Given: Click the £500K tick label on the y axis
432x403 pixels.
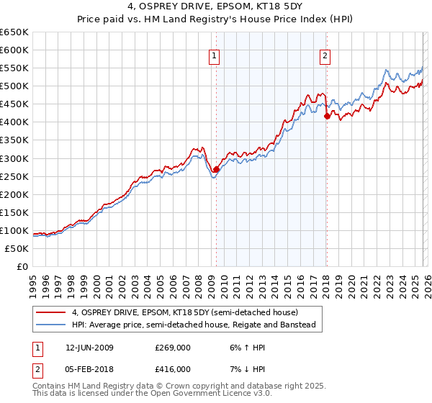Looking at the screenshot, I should click(14, 86).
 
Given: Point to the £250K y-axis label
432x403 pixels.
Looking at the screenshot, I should click(14, 176).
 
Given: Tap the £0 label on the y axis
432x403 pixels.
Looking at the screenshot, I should click(22, 266).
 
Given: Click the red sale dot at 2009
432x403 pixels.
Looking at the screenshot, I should click(217, 169).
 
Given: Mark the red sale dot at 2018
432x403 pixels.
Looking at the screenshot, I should click(327, 116).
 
